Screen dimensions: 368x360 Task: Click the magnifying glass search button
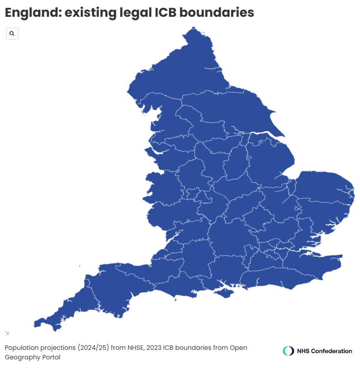coord(12,34)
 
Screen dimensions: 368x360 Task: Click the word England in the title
coord(32,13)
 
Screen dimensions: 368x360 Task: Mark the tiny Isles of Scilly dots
coord(7,333)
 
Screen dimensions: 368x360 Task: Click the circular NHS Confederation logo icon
coord(288,351)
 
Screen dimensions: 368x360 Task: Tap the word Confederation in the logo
coord(331,351)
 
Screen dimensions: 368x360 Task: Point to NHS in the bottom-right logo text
coord(303,351)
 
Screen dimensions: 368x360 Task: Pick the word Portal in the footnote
coord(51,357)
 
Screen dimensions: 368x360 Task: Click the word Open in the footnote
coord(239,348)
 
